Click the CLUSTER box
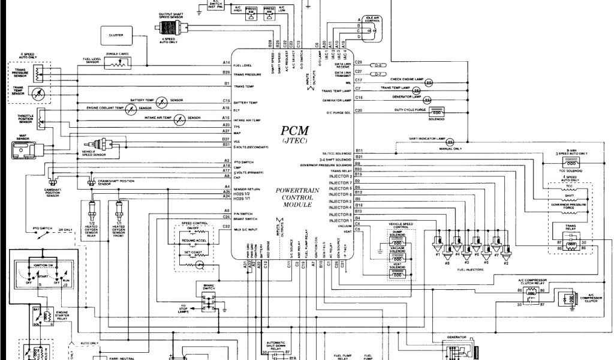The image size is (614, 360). (116, 35)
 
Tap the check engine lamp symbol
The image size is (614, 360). (429, 82)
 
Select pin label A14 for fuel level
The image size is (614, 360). (227, 63)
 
